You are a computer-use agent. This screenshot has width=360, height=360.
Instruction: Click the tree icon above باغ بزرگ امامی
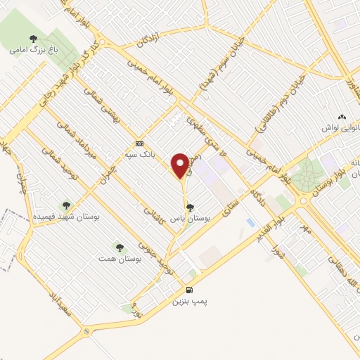(32, 39)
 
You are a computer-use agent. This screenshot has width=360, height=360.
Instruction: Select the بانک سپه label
(139, 153)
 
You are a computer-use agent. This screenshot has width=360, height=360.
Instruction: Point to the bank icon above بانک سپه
(139, 141)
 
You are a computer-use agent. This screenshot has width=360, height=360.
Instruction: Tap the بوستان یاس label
(191, 219)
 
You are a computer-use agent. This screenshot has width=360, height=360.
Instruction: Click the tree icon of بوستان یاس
(191, 207)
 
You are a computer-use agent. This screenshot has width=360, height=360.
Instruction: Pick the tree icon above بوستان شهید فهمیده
(67, 205)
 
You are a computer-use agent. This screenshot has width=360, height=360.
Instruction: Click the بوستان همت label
(120, 259)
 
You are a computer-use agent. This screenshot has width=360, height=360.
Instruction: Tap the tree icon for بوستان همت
(119, 247)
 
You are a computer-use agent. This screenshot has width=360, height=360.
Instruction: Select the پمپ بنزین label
(188, 301)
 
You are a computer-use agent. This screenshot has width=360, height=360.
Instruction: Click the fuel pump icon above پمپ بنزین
(188, 289)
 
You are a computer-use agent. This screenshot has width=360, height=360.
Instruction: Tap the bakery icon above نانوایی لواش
(342, 117)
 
